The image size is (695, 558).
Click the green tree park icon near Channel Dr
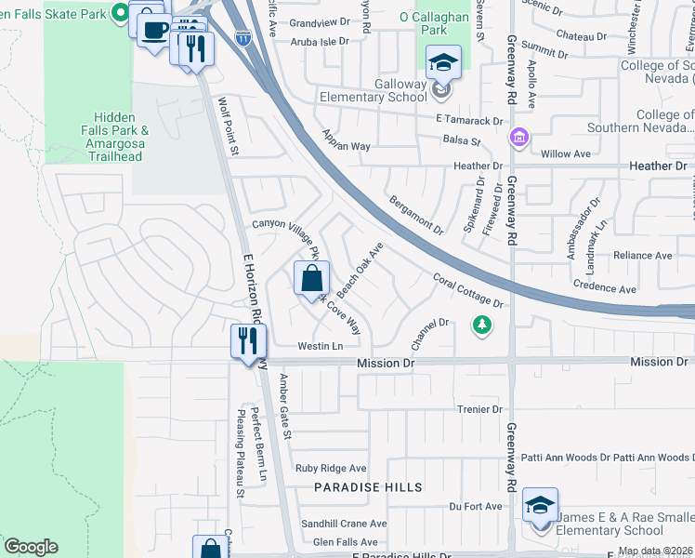pyautogui.click(x=481, y=325)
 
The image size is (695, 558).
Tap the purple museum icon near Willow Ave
pyautogui.click(x=518, y=139)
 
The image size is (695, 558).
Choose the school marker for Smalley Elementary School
pyautogui.click(x=540, y=506)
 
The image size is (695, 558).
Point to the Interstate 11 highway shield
pyautogui.click(x=242, y=39)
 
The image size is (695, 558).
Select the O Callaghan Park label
pyautogui.click(x=436, y=23)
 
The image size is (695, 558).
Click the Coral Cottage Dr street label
pyautogui.click(x=468, y=290)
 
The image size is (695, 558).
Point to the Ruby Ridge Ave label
pyautogui.click(x=331, y=469)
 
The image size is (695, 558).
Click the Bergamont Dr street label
pyautogui.click(x=415, y=214)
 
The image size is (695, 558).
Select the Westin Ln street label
pyautogui.click(x=321, y=346)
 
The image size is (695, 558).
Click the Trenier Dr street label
pyautogui.click(x=479, y=409)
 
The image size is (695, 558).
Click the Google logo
pyautogui.click(x=31, y=547)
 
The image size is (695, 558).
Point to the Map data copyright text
pyautogui.click(x=655, y=551)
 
